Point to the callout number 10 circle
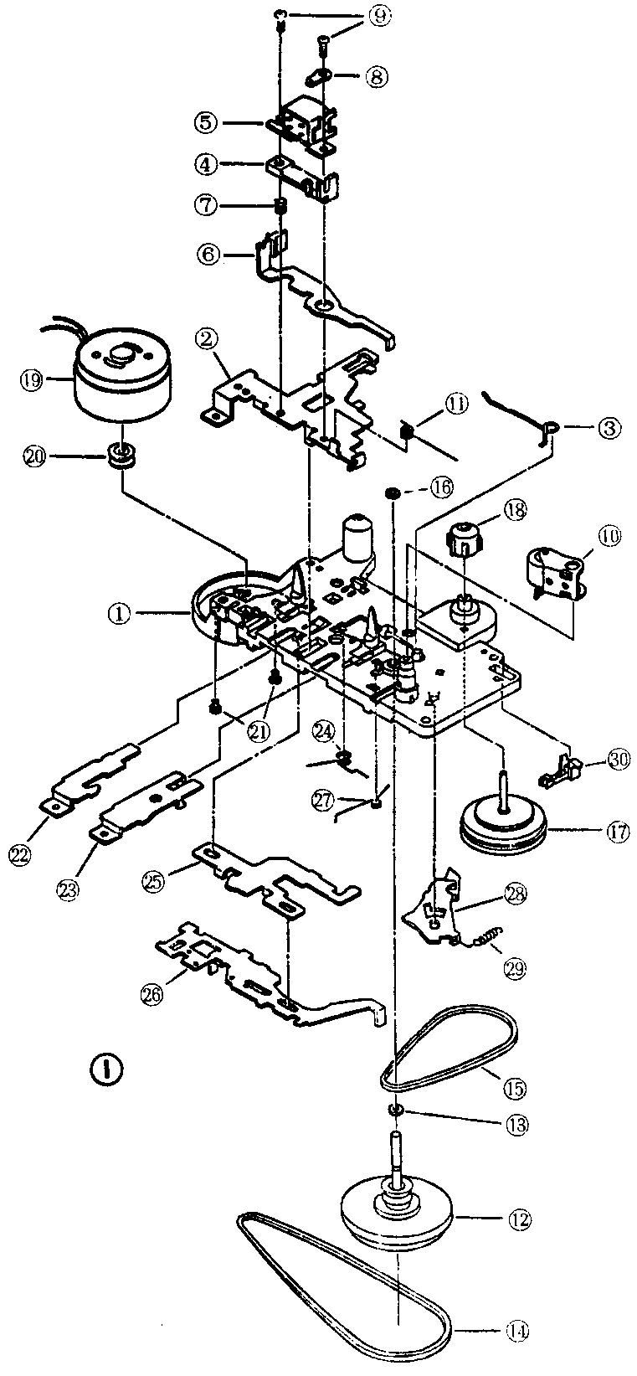[x=609, y=537]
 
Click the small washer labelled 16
[x=391, y=491]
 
